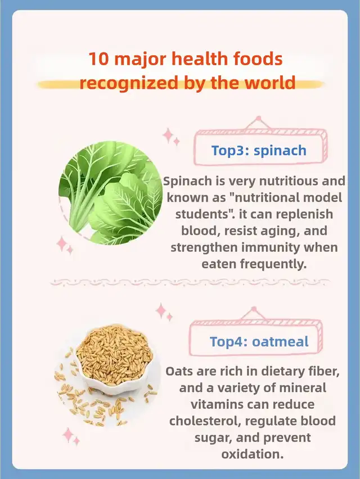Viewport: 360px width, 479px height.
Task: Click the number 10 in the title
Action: (98, 59)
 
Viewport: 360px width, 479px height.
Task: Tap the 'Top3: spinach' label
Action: (259, 150)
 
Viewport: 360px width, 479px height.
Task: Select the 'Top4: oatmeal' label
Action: (259, 341)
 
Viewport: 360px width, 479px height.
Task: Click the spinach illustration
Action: (111, 193)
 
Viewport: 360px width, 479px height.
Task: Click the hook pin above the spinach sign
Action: (259, 118)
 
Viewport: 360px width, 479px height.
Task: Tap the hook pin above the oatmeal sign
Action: (254, 309)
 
